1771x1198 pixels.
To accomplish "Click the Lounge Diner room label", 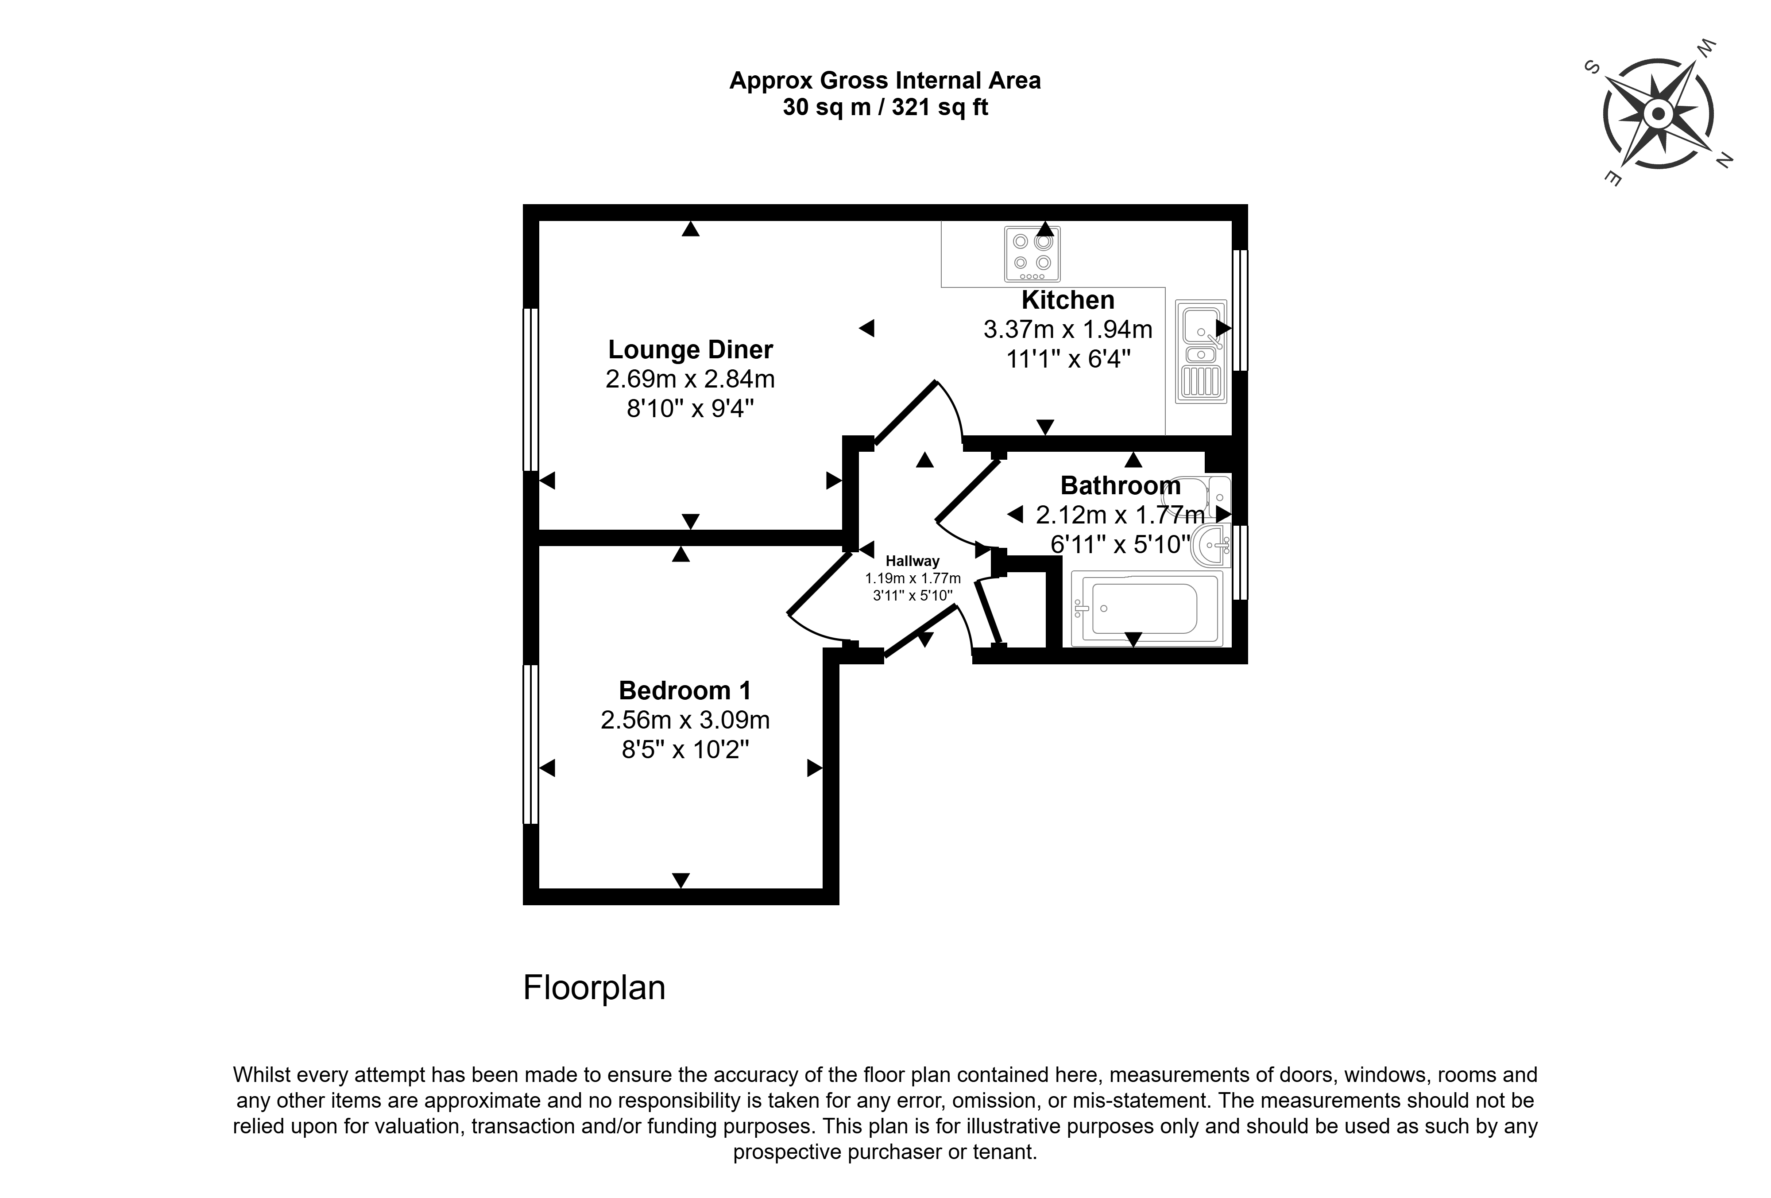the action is click(x=690, y=350).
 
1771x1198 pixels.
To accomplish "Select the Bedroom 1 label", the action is click(x=685, y=690).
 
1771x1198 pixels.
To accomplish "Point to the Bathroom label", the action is click(x=1120, y=485).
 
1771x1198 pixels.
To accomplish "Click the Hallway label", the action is click(x=912, y=561).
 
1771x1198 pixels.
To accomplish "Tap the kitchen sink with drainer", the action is click(x=1202, y=351).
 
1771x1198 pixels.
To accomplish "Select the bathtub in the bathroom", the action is click(x=1147, y=608).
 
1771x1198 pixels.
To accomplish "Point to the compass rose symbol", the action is click(x=1658, y=114).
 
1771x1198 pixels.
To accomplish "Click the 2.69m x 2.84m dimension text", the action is click(x=690, y=379).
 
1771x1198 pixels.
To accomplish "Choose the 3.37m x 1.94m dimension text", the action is click(x=1067, y=329).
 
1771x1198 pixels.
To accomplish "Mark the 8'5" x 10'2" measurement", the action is click(x=685, y=750).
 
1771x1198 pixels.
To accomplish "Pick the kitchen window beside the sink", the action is click(x=1240, y=310).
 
